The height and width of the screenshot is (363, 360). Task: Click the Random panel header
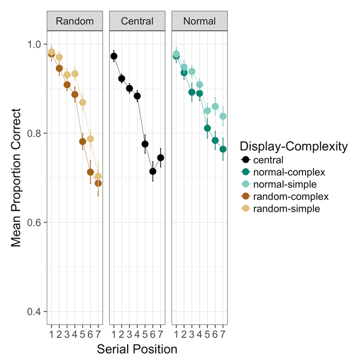(74, 22)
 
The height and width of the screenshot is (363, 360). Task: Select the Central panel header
(137, 22)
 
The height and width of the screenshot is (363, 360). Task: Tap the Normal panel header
(200, 22)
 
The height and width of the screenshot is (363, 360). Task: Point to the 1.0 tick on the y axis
(34, 44)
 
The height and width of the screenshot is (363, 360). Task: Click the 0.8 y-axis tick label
(34, 133)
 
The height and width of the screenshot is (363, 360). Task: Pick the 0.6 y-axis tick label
(34, 222)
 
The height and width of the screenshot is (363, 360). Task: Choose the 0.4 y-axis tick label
(34, 311)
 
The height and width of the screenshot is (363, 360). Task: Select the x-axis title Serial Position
(137, 349)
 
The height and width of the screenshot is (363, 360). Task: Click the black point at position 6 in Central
(152, 171)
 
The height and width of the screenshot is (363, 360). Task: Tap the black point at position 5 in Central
(145, 144)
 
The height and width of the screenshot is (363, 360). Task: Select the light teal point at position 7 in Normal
(223, 116)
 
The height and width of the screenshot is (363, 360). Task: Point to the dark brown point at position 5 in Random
(83, 141)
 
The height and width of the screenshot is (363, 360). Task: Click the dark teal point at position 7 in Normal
(223, 149)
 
